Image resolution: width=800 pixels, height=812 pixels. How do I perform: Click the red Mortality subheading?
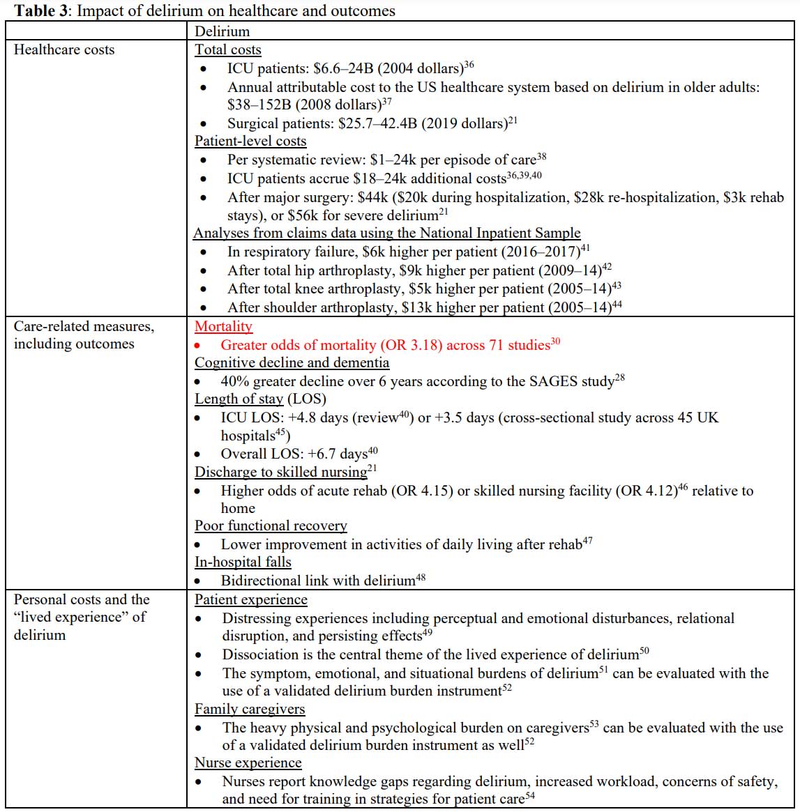[x=223, y=326]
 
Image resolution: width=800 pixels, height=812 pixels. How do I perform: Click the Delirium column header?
[x=222, y=31]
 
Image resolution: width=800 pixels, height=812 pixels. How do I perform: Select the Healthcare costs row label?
[x=64, y=49]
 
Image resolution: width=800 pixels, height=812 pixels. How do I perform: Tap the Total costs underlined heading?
[x=227, y=49]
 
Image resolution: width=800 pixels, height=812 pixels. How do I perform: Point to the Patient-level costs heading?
[x=250, y=141]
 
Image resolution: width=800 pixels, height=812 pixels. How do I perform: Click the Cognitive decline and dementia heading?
[x=292, y=362]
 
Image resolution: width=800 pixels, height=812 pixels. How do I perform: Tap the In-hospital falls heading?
[x=243, y=562]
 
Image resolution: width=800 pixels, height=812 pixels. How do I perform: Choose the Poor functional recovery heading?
[x=271, y=526]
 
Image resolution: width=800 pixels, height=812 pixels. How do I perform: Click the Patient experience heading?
[x=250, y=599]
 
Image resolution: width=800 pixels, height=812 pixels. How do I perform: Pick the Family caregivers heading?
[x=250, y=709]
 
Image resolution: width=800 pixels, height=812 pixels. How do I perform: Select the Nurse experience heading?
[x=248, y=763]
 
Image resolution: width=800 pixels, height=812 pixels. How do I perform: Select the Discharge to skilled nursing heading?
[x=280, y=472]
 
